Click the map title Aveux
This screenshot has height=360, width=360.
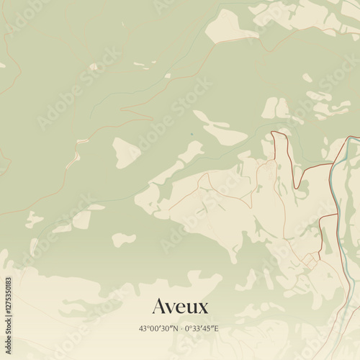click(x=180, y=307)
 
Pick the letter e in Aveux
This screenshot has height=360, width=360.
click(x=181, y=309)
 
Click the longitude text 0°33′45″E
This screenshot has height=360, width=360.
click(x=202, y=329)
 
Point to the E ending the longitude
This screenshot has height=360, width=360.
click(x=217, y=329)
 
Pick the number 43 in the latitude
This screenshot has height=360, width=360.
click(x=143, y=329)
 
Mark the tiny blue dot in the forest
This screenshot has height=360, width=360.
click(x=192, y=133)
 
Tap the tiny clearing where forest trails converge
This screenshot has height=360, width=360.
click(x=94, y=67)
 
